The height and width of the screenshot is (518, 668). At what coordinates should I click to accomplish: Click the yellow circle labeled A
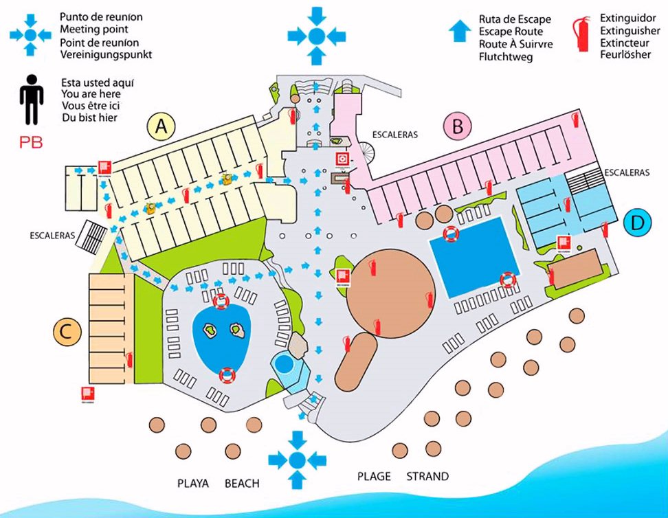162,126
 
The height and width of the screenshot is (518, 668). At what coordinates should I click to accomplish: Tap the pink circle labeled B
458,126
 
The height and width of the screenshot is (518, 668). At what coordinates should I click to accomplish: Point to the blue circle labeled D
638,223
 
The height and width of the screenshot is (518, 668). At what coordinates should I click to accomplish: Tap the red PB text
31,143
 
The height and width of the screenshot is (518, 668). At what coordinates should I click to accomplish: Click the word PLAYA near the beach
192,483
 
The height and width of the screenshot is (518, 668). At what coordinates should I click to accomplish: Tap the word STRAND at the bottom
427,476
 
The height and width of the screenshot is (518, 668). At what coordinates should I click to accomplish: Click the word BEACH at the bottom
242,483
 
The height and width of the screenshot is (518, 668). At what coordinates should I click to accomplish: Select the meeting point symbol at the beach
297,460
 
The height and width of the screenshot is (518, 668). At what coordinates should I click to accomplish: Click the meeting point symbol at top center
316,36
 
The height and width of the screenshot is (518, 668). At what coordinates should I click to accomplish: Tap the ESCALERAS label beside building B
394,135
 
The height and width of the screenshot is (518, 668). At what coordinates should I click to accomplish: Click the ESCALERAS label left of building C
52,235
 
